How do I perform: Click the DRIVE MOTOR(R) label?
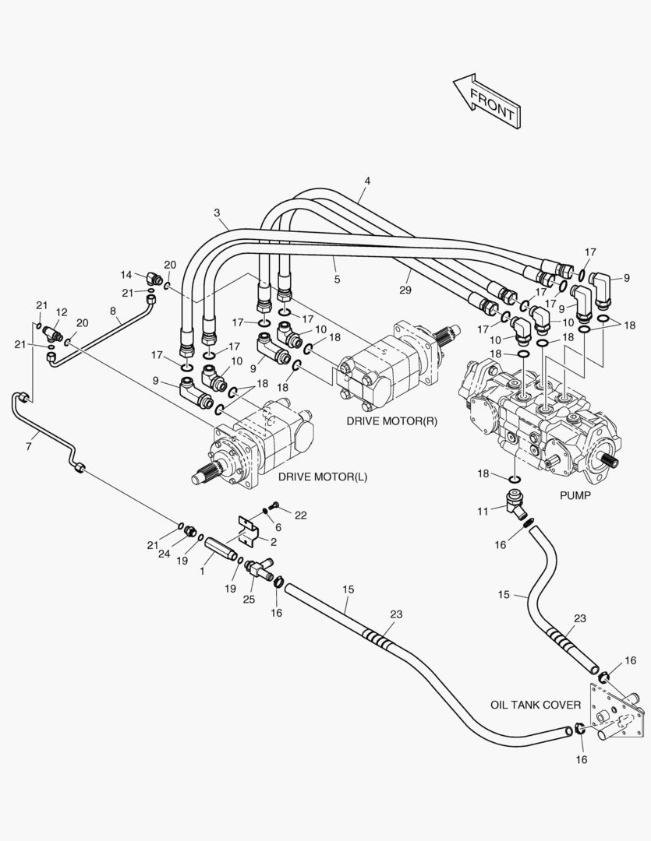point(391,421)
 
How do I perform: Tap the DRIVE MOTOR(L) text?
point(323,477)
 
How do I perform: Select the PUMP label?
point(575,495)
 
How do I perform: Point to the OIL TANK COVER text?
point(536,705)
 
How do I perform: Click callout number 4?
point(367,181)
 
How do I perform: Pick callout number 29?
point(405,290)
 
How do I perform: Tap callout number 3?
point(217,213)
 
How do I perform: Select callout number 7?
point(29,446)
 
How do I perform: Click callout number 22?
point(301,515)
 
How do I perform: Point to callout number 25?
point(249,599)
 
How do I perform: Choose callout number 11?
point(483,512)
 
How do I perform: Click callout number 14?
point(126,275)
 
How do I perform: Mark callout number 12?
point(62,312)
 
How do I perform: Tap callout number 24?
point(164,554)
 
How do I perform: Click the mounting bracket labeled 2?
point(249,530)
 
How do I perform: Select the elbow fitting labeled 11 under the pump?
point(515,504)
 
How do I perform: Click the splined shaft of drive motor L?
point(206,472)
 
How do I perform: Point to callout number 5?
point(337,279)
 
